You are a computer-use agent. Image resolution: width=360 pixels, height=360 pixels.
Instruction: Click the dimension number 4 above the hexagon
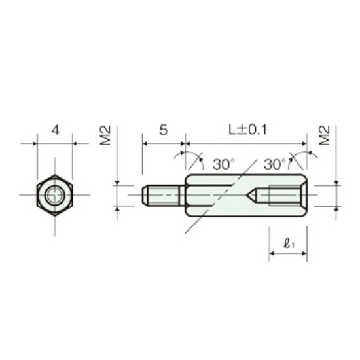(56, 130)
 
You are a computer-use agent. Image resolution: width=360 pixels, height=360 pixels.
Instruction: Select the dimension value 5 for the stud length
(164, 130)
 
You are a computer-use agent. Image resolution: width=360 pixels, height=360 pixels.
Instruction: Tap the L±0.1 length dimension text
(247, 130)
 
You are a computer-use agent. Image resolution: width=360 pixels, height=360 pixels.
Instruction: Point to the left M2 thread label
(105, 135)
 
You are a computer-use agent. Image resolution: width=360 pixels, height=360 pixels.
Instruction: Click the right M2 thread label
(325, 135)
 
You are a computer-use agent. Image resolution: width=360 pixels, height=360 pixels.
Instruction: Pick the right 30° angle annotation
(275, 164)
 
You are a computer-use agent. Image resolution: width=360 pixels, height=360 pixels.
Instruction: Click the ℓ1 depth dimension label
(289, 243)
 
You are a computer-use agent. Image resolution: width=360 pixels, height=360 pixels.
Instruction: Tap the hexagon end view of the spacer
(54, 196)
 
